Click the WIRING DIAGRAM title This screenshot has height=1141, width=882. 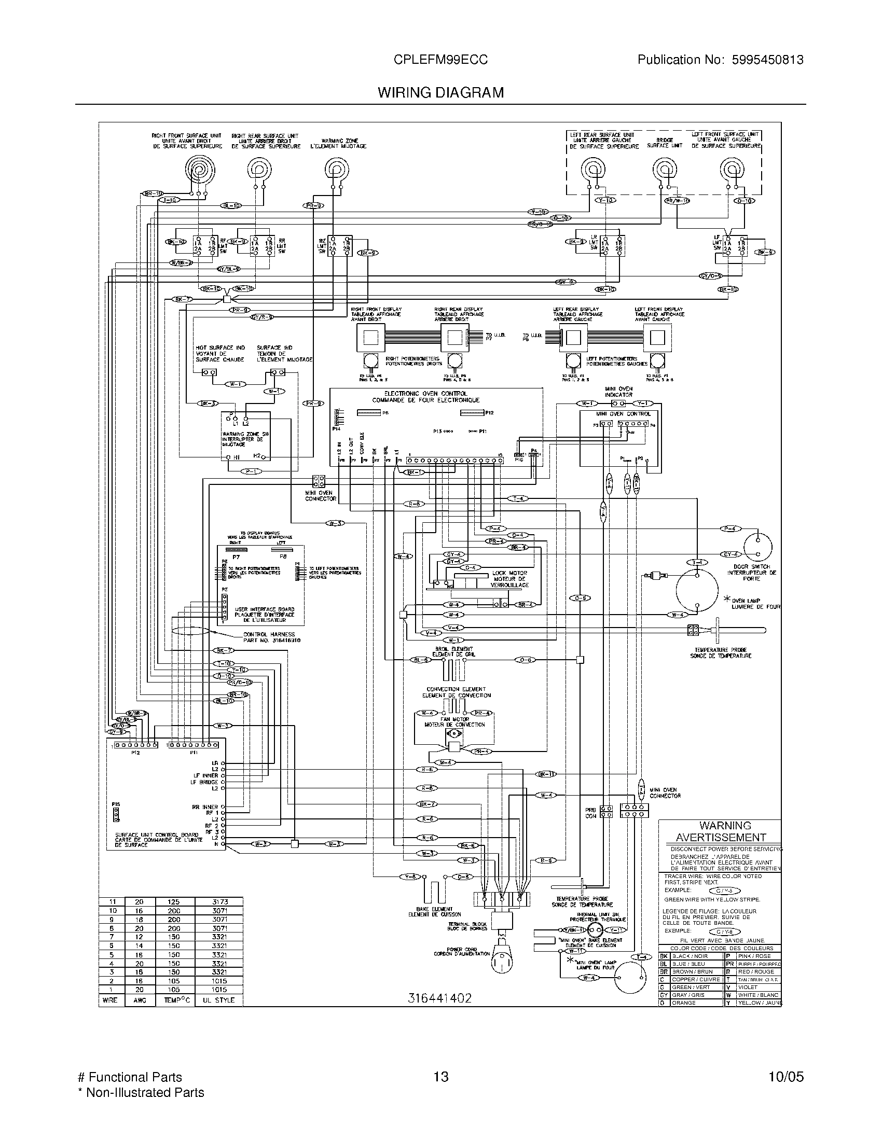pyautogui.click(x=440, y=92)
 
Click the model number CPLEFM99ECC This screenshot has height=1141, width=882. pyautogui.click(x=440, y=60)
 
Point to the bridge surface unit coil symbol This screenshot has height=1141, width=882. pyautogui.click(x=664, y=170)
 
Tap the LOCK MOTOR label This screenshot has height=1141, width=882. pyautogui.click(x=510, y=573)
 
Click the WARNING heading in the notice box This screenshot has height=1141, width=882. pyautogui.click(x=725, y=826)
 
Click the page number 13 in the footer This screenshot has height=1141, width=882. pyautogui.click(x=440, y=1077)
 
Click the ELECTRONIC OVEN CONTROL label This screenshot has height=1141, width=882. pyautogui.click(x=425, y=394)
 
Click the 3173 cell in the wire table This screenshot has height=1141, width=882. pyautogui.click(x=219, y=902)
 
